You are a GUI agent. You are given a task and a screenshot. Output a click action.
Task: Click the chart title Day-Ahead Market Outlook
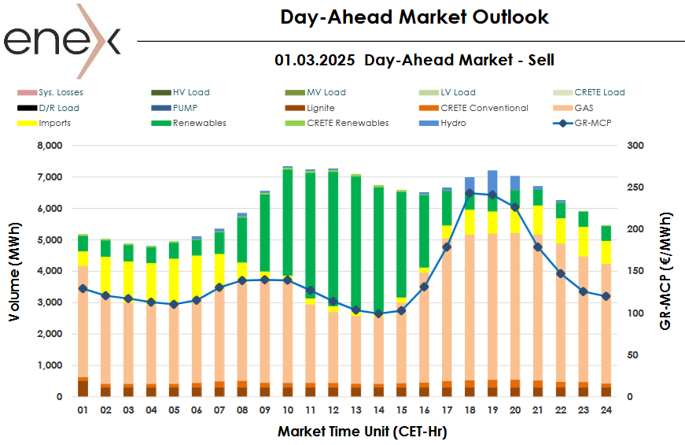(414, 17)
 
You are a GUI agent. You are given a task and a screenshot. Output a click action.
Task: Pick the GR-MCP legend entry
(590, 123)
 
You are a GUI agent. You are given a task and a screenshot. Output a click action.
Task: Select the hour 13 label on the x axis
(356, 410)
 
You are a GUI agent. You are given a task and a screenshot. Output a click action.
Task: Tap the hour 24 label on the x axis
(606, 410)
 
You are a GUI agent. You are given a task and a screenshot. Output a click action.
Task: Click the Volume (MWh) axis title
(15, 272)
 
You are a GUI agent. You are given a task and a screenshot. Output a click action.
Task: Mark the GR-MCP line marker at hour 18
(470, 192)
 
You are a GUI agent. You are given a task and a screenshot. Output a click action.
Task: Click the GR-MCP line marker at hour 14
(379, 313)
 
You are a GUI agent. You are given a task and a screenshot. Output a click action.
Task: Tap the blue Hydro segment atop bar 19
(492, 180)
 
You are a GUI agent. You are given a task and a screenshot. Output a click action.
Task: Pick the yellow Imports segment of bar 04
(152, 282)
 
